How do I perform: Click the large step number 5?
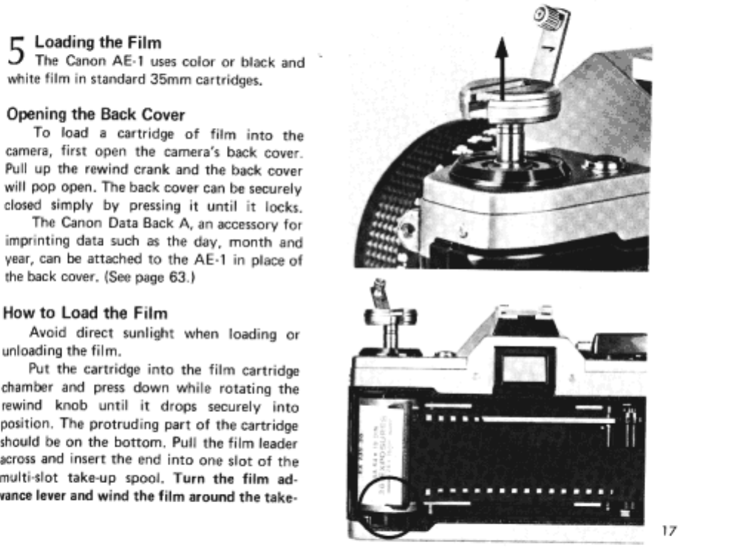pyautogui.click(x=16, y=53)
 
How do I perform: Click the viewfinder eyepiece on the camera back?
pyautogui.click(x=524, y=368)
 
